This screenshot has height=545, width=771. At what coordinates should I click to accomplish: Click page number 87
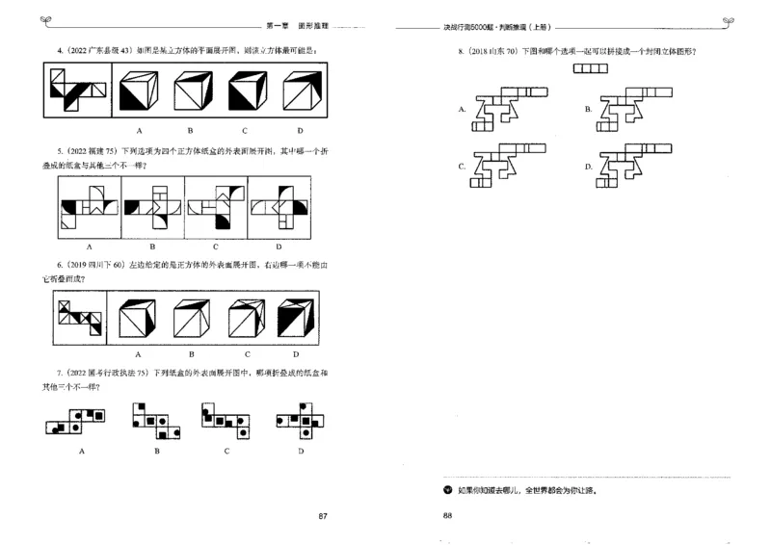pyautogui.click(x=324, y=517)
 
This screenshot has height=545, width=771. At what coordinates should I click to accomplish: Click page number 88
pyautogui.click(x=447, y=517)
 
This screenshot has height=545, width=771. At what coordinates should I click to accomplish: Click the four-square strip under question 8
pyautogui.click(x=590, y=68)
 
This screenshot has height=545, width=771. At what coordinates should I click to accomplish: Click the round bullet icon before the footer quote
pyautogui.click(x=446, y=490)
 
